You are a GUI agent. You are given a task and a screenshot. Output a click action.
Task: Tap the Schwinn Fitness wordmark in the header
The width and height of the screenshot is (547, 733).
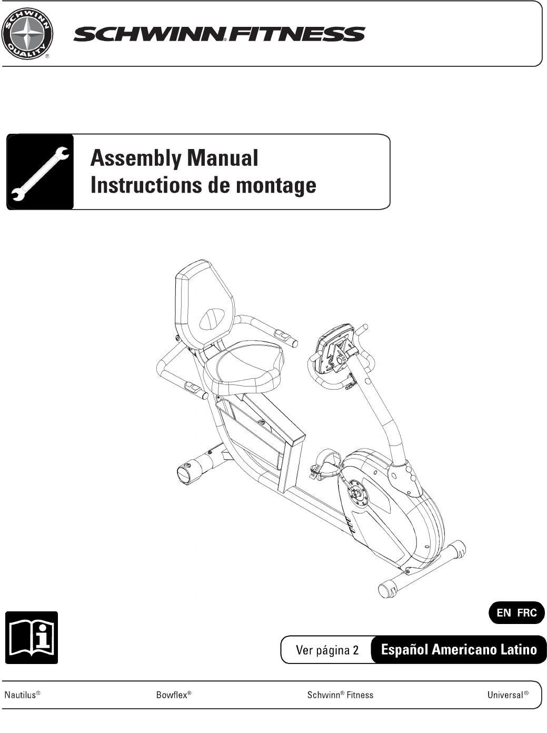(x=219, y=35)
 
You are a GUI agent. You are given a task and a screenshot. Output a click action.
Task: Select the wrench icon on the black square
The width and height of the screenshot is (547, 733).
(x=40, y=172)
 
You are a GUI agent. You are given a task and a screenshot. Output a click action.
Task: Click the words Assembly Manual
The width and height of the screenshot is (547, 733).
(x=174, y=158)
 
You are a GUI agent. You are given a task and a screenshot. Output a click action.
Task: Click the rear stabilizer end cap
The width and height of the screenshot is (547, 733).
(x=185, y=473)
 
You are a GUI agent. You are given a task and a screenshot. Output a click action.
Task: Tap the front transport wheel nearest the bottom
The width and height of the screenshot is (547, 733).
(x=389, y=588)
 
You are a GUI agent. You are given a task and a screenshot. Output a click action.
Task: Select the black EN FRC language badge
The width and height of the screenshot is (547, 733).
(x=516, y=613)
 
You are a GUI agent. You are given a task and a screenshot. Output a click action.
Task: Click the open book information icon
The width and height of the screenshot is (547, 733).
(x=32, y=637)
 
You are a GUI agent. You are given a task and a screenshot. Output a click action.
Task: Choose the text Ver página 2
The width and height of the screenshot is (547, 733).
(x=327, y=650)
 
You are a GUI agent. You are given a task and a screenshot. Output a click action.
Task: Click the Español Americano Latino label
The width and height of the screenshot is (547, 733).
(x=459, y=650)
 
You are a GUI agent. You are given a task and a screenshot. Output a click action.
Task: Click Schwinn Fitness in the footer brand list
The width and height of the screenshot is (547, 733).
(x=340, y=695)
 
